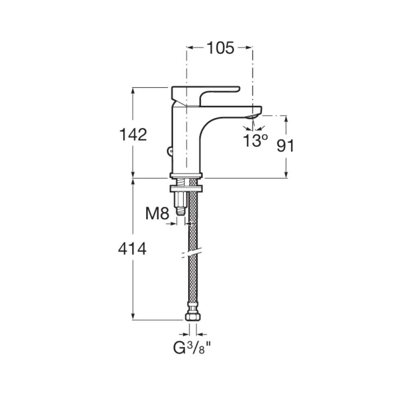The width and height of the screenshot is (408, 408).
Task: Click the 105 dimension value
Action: [220, 48]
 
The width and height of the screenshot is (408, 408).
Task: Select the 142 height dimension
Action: [133, 135]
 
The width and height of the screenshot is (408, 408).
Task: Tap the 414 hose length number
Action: [132, 249]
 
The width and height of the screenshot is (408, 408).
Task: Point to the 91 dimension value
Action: [285, 146]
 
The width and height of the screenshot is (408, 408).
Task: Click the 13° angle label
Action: [255, 140]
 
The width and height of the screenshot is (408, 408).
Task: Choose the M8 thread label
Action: [157, 214]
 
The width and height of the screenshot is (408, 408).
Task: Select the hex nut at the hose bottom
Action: [193, 317]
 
